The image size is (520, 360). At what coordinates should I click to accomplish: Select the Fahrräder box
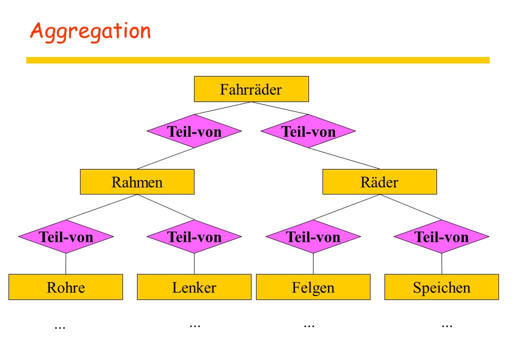[251, 89]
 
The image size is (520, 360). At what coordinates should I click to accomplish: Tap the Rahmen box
[137, 182]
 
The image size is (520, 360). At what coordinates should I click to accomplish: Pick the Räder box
[379, 182]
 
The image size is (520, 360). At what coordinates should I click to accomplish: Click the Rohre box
[65, 287]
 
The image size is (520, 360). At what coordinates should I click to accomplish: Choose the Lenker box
[194, 287]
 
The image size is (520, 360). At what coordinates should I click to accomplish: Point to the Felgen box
[313, 287]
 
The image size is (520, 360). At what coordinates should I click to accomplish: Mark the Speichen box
[441, 287]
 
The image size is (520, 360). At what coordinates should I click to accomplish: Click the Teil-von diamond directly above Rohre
[66, 236]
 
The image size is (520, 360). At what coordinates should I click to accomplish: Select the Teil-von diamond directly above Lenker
[194, 236]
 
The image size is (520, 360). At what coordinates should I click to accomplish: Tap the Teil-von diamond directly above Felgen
[313, 236]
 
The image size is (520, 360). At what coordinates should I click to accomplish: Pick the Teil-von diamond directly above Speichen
[441, 236]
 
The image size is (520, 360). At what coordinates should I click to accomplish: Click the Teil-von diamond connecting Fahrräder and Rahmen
[194, 131]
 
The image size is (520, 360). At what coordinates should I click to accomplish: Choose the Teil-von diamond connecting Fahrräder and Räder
[308, 131]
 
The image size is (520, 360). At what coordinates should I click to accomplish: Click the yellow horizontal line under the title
[258, 60]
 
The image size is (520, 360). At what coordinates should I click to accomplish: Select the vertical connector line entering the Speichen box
[441, 264]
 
